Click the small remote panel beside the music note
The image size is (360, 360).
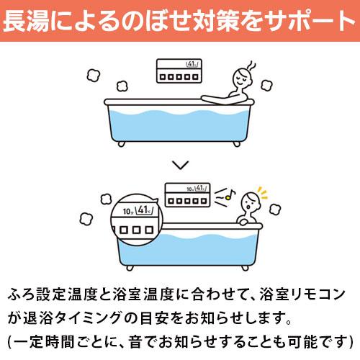point(189,194)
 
